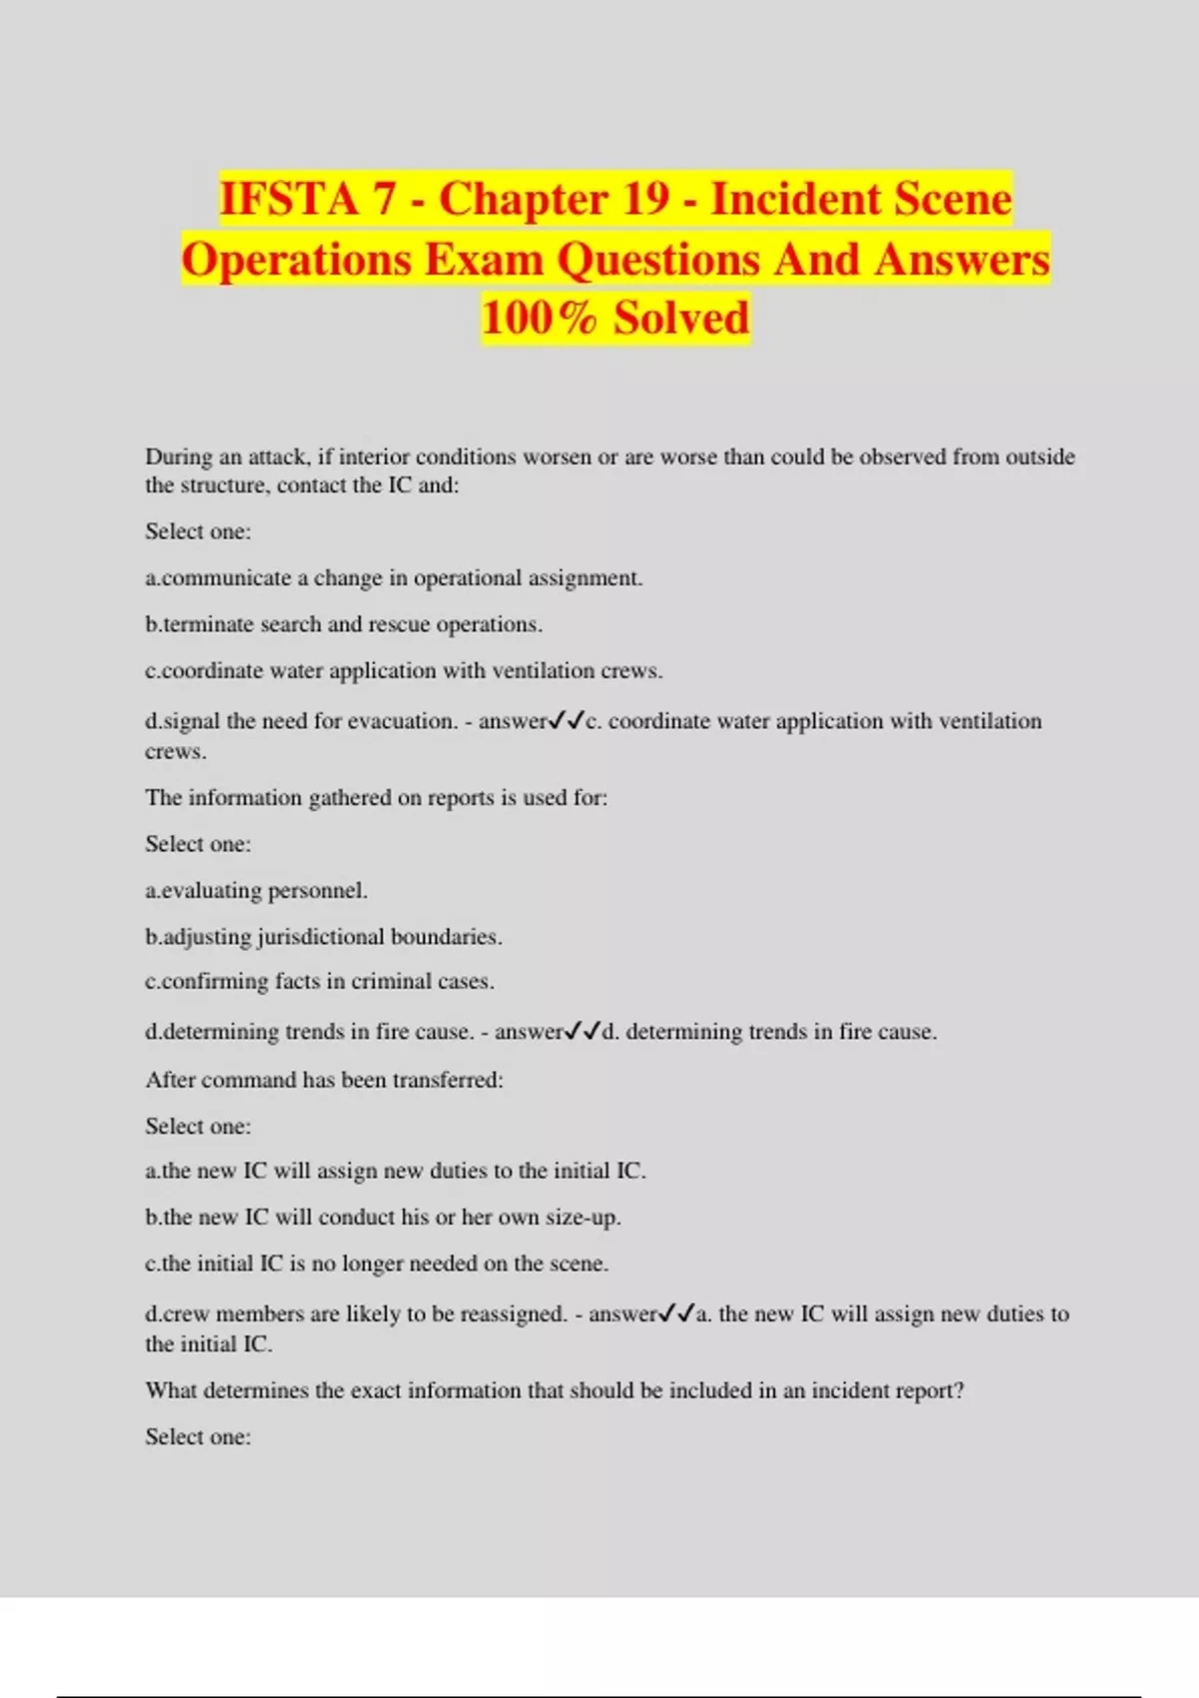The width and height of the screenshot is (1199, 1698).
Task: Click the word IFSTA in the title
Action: click(x=288, y=199)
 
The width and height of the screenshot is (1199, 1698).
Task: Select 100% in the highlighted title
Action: click(x=539, y=318)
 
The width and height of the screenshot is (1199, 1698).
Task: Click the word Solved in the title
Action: click(x=680, y=318)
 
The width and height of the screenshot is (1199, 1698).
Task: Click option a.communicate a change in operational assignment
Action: click(x=394, y=578)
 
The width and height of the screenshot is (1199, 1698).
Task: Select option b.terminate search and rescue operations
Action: click(x=344, y=624)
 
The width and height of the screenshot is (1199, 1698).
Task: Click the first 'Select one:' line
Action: click(x=198, y=531)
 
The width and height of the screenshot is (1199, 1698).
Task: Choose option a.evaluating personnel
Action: click(x=256, y=890)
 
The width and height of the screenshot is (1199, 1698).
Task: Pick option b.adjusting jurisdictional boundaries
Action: click(x=324, y=937)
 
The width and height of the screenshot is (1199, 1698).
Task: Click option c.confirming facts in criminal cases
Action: click(x=320, y=982)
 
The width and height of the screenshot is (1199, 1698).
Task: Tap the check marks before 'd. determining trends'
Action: click(x=583, y=1032)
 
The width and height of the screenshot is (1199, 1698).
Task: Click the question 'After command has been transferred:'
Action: click(x=325, y=1080)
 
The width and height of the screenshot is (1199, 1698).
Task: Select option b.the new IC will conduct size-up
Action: click(x=384, y=1218)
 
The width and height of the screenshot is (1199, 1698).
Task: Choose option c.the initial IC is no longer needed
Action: click(x=377, y=1264)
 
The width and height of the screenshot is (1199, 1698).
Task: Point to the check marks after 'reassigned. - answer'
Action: click(x=676, y=1314)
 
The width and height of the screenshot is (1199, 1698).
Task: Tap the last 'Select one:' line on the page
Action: click(x=198, y=1437)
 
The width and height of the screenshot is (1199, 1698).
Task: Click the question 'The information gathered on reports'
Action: click(x=377, y=798)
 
